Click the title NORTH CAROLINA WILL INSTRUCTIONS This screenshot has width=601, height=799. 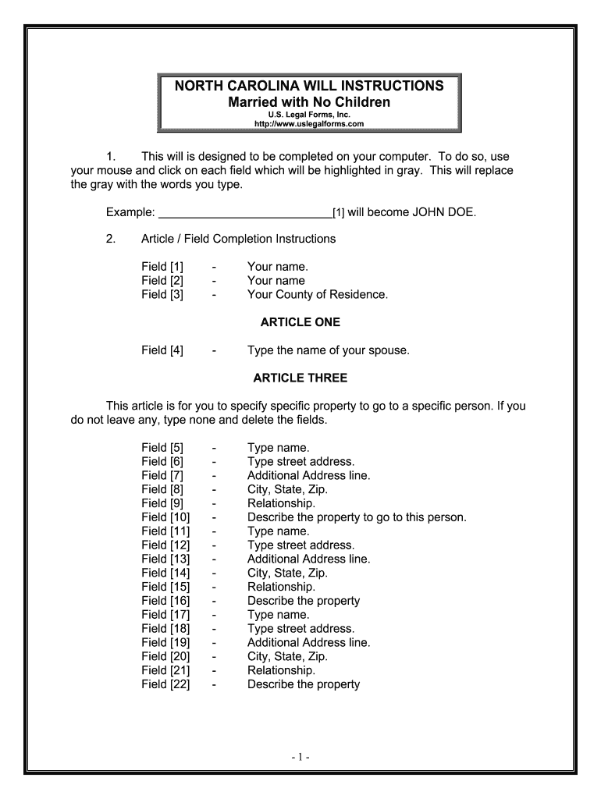[309, 86]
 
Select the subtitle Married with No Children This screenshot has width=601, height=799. [309, 102]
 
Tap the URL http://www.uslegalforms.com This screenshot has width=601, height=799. [309, 124]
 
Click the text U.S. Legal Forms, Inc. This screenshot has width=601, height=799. [309, 115]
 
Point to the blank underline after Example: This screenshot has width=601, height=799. [244, 211]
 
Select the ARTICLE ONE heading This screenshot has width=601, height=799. [300, 322]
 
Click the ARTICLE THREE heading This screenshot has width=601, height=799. [300, 378]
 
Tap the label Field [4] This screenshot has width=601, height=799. [162, 350]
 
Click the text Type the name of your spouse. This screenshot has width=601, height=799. [328, 350]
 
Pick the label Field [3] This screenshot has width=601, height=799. [162, 294]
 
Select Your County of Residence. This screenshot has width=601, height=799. [317, 294]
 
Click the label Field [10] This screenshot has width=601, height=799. [165, 517]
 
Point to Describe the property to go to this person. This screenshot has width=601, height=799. [357, 517]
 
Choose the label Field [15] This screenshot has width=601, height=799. [165, 587]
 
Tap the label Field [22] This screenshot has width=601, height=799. [165, 684]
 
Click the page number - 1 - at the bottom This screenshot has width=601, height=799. [300, 757]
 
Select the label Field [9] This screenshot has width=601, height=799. [162, 502]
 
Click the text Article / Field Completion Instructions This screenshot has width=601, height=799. [238, 239]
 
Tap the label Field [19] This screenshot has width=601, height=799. [165, 642]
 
